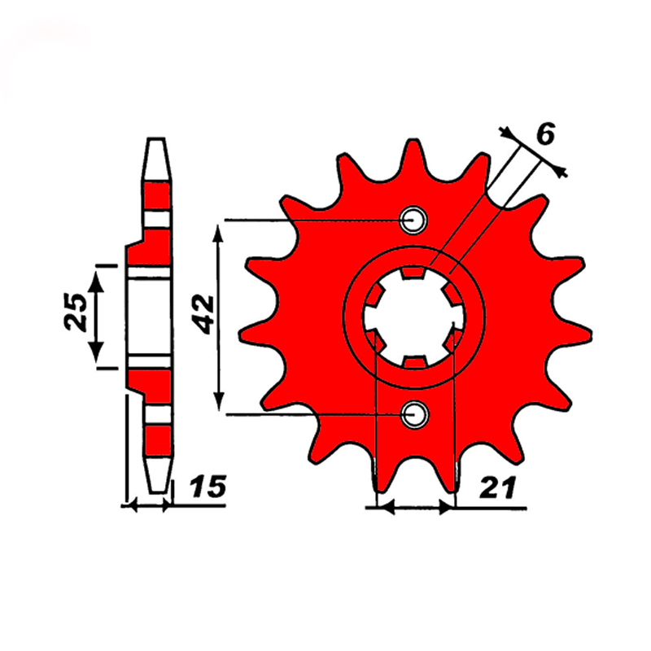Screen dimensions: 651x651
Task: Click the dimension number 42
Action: coord(205,315)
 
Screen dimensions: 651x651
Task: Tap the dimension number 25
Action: coord(76,312)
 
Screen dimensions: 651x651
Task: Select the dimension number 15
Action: coord(208,486)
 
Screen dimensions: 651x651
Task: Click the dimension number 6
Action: coord(545,134)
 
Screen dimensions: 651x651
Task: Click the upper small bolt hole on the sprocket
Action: coord(413,220)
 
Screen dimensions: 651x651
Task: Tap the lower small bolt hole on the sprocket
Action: coord(415,414)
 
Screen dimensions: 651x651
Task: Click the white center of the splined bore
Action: coord(414,317)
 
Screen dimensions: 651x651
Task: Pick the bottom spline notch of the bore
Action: coord(415,362)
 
